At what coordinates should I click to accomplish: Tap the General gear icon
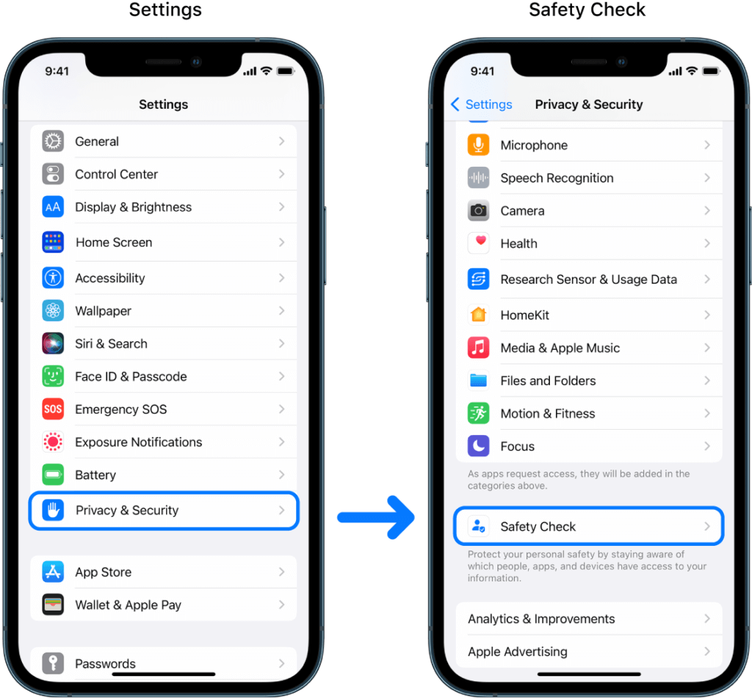53,141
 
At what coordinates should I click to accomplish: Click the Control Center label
116,174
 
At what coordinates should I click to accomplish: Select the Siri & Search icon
53,343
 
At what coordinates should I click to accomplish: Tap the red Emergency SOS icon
53,409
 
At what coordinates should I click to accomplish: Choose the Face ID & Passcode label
131,376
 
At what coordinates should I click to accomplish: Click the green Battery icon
53,475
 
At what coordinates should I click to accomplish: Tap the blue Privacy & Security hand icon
53,510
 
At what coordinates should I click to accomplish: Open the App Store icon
53,572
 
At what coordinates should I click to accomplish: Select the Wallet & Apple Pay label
128,605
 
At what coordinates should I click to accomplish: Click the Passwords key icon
53,663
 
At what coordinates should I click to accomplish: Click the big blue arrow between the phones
376,518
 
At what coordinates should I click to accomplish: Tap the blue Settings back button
482,104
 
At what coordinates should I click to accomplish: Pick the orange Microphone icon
479,145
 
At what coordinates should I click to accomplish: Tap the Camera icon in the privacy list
479,211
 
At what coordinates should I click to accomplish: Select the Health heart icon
479,243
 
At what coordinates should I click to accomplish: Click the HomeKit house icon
479,315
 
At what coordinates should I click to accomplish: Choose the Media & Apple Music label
560,348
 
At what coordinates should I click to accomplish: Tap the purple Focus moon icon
479,446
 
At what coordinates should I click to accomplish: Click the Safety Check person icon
479,526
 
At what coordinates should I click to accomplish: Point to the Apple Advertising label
517,652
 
